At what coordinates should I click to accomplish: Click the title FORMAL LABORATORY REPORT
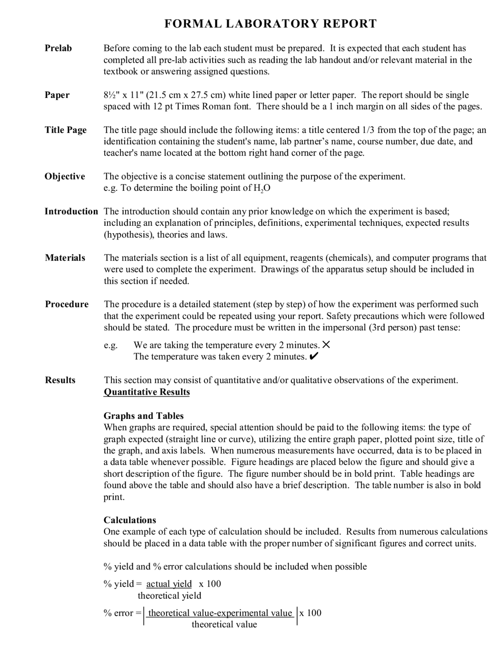(x=270, y=24)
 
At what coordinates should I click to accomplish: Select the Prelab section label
(x=58, y=48)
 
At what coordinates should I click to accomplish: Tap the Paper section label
(x=57, y=95)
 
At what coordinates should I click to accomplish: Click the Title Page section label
(x=66, y=130)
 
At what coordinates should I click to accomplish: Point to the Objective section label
(x=65, y=176)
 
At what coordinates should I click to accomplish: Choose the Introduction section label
(x=71, y=211)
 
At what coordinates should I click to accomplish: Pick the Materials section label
(x=65, y=258)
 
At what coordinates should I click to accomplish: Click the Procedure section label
(x=67, y=304)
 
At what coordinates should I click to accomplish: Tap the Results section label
(x=60, y=380)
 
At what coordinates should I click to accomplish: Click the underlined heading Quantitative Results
(x=147, y=392)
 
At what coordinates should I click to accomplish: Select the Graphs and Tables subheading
(x=144, y=416)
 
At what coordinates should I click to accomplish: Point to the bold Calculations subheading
(x=130, y=520)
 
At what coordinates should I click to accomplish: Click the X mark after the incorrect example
(x=326, y=345)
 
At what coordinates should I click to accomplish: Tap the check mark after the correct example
(x=314, y=357)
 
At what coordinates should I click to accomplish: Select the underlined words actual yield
(x=169, y=584)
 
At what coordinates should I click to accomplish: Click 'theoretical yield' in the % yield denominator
(x=169, y=596)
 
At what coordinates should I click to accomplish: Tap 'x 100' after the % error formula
(x=310, y=613)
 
